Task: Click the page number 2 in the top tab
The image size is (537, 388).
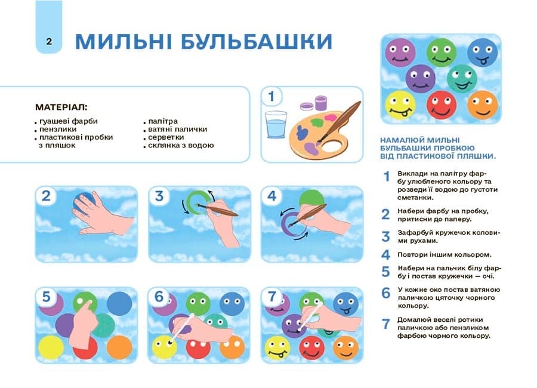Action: click(48, 41)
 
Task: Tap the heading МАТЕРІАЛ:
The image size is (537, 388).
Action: click(61, 107)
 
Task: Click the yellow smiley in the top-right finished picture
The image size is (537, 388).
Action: click(399, 105)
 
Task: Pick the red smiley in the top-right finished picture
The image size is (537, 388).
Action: click(441, 104)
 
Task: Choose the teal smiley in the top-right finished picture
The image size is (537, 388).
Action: click(461, 78)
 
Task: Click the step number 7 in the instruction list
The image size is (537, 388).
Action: click(385, 324)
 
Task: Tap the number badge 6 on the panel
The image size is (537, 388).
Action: click(159, 297)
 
